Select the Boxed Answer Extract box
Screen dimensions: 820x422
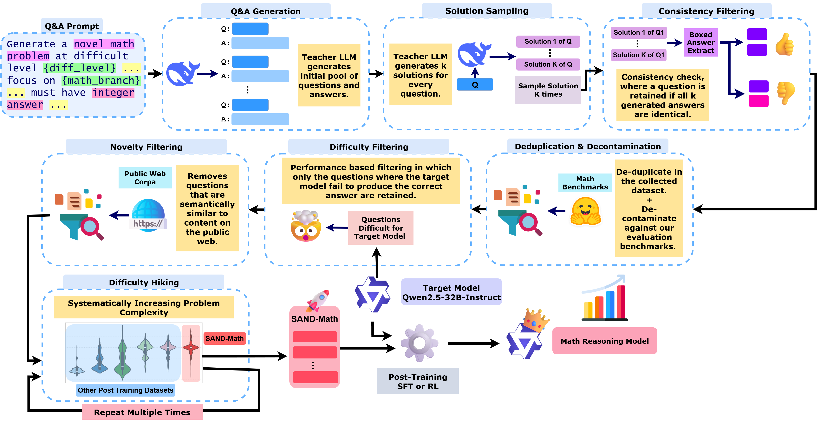701,42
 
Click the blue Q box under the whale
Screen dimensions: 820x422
475,85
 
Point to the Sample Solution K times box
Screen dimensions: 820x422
548,90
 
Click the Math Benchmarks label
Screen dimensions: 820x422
585,183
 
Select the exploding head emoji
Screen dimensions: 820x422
306,226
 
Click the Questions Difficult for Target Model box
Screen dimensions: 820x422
381,228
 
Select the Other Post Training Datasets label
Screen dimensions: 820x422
125,390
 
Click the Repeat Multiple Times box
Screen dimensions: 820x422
142,412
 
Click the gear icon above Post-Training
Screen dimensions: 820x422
419,343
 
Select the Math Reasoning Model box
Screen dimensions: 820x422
604,341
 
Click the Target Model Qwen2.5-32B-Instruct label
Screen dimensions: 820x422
451,292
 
